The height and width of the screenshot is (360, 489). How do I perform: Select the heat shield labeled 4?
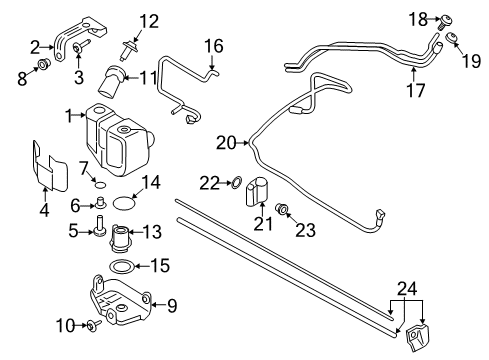(46, 166)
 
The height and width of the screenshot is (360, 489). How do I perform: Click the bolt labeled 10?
(89, 325)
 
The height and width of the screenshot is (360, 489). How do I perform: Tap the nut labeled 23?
(284, 209)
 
